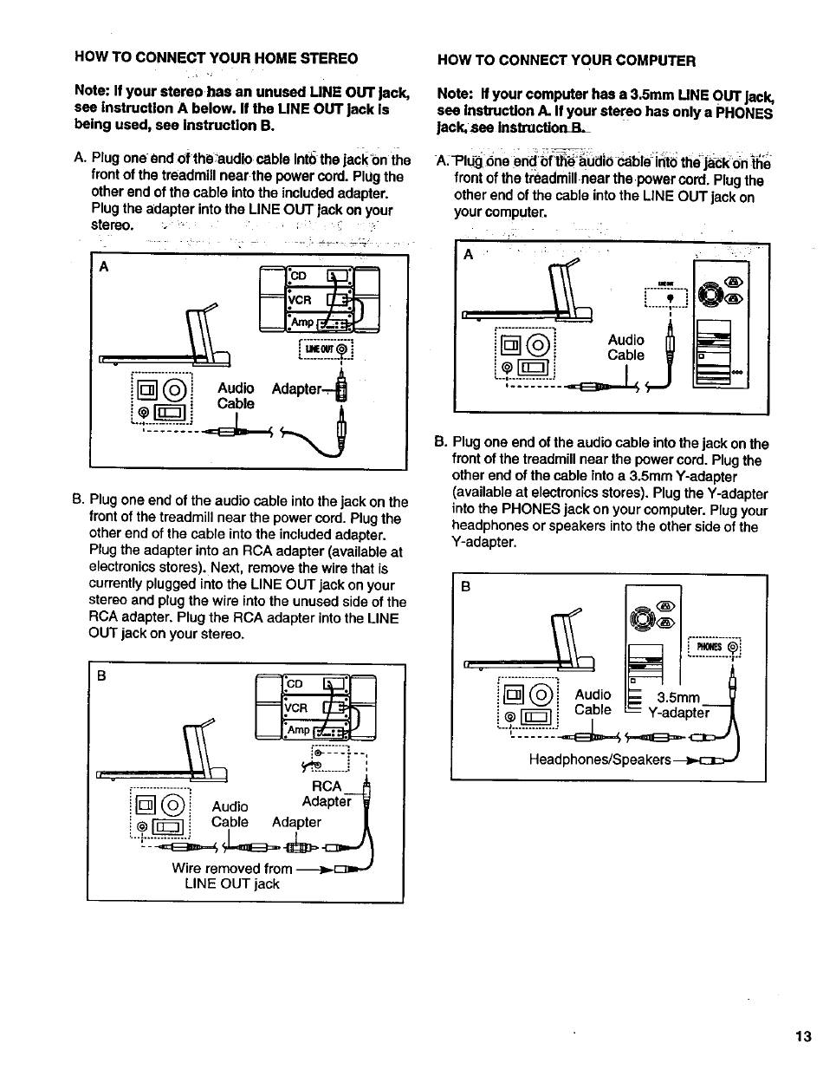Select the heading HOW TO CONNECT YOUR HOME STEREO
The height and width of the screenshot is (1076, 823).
tap(216, 58)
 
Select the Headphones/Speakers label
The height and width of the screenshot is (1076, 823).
tap(599, 760)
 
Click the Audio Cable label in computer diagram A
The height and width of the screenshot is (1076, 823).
tap(625, 348)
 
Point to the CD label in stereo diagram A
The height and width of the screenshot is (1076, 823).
tap(299, 277)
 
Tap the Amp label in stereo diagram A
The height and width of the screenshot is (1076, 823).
tap(301, 322)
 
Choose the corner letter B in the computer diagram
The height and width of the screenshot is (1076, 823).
tap(466, 586)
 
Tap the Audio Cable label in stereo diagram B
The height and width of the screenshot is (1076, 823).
tap(231, 814)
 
